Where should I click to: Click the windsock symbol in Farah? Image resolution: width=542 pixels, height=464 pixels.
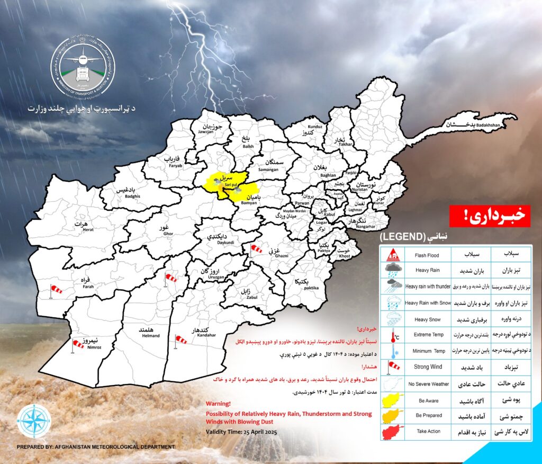(x=55, y=290)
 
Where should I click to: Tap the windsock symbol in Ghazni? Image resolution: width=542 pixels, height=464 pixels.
(x=256, y=248)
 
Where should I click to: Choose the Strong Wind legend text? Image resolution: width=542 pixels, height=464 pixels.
(x=429, y=367)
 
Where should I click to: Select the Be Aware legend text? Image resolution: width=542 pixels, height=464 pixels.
(x=429, y=401)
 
